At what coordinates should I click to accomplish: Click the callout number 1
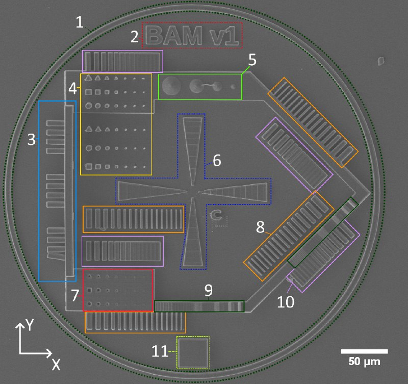pyautogui.click(x=80, y=22)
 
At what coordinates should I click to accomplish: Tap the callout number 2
pyautogui.click(x=135, y=37)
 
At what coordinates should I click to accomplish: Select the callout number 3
pyautogui.click(x=32, y=139)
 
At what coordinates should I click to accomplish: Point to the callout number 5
pyautogui.click(x=252, y=60)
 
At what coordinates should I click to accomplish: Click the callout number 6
pyautogui.click(x=217, y=160)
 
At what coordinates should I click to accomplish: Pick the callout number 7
pyautogui.click(x=75, y=296)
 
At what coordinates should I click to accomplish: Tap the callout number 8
pyautogui.click(x=260, y=227)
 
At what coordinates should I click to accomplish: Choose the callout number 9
pyautogui.click(x=209, y=290)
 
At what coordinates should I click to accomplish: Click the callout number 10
pyautogui.click(x=286, y=302)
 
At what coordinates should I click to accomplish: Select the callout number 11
pyautogui.click(x=160, y=351)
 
